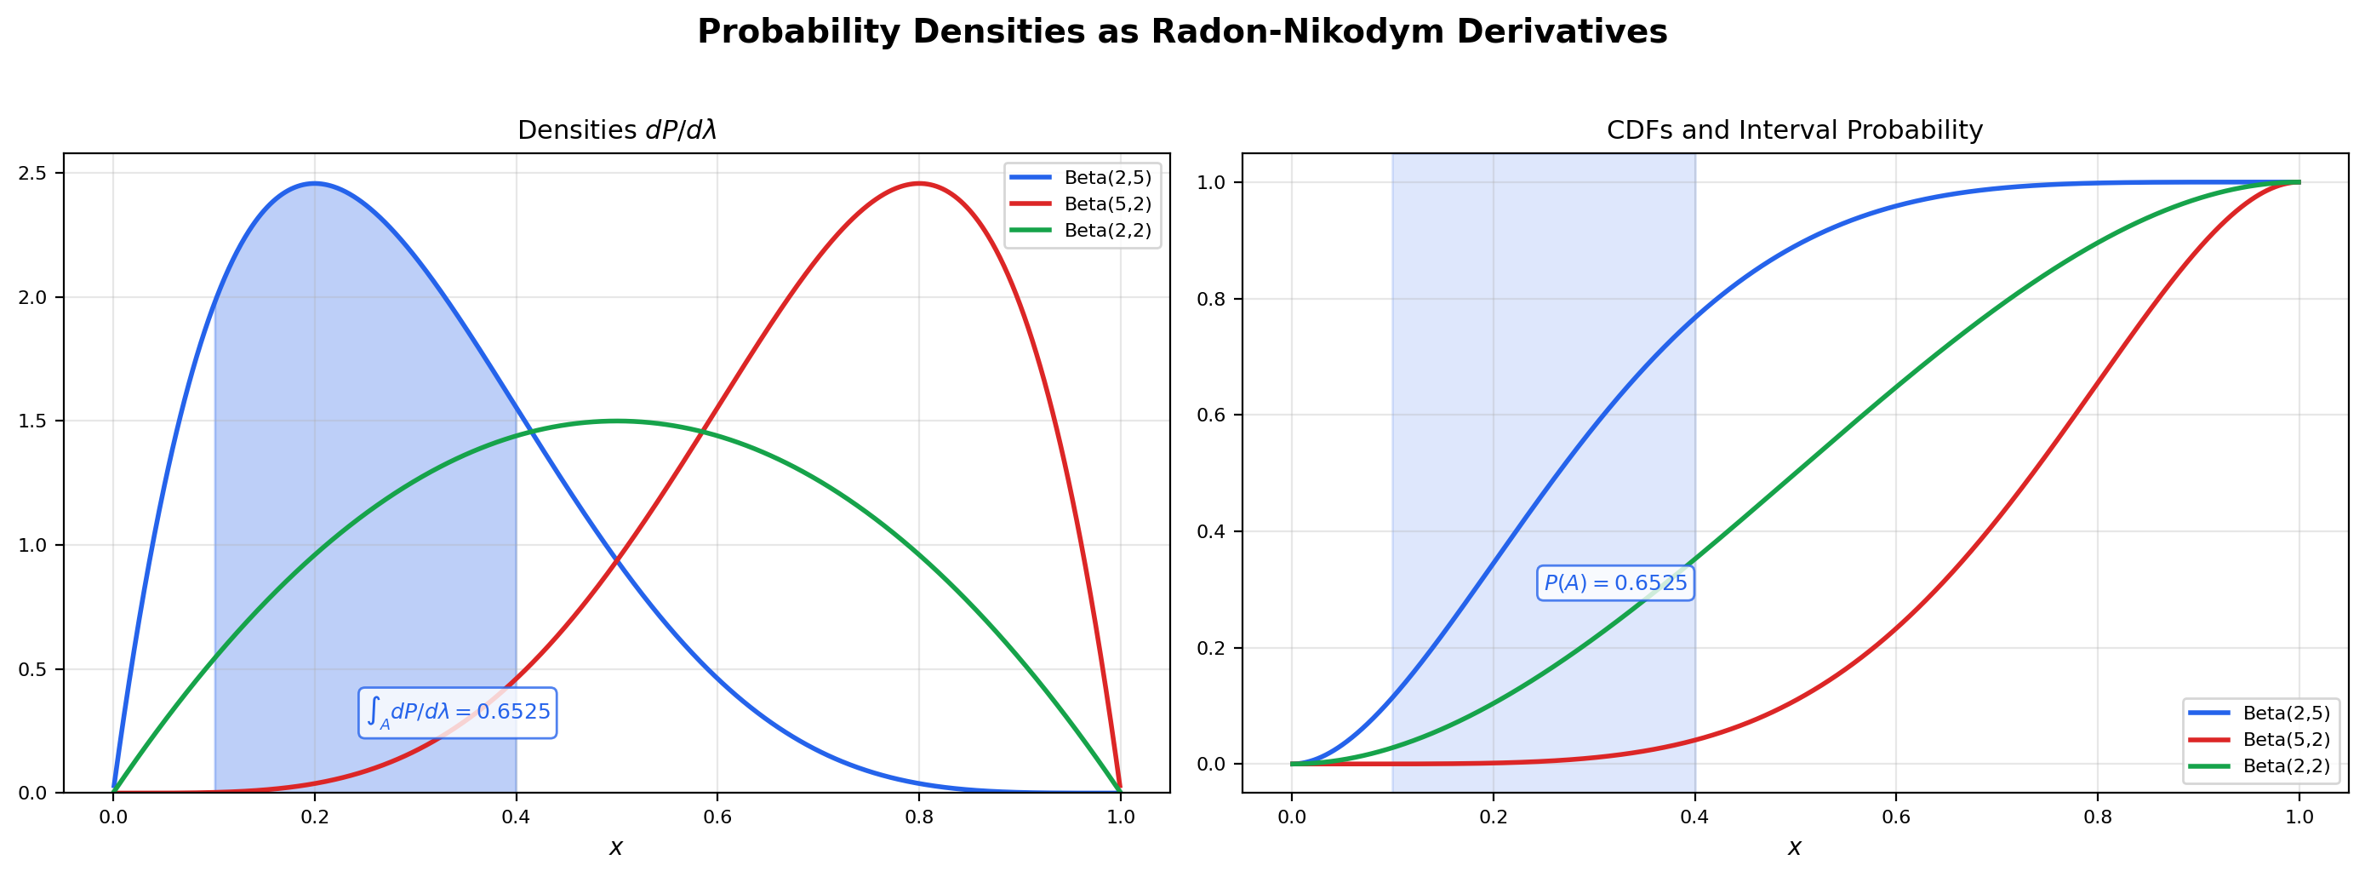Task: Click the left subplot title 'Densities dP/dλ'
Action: click(616, 130)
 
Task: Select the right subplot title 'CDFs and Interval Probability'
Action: click(1794, 130)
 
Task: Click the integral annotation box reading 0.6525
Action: click(457, 713)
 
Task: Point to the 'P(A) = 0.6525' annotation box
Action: click(1615, 583)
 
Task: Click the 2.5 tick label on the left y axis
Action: click(33, 174)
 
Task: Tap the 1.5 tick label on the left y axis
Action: click(33, 421)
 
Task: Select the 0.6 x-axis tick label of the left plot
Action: click(717, 817)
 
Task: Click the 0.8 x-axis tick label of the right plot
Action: click(2097, 817)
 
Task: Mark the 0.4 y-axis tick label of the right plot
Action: click(1211, 531)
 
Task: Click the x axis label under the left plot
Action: click(616, 847)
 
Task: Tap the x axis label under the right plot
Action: click(1794, 847)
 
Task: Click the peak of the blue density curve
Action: click(314, 184)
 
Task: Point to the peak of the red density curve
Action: click(918, 184)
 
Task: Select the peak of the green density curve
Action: click(616, 421)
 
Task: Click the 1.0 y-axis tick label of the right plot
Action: click(1211, 183)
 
